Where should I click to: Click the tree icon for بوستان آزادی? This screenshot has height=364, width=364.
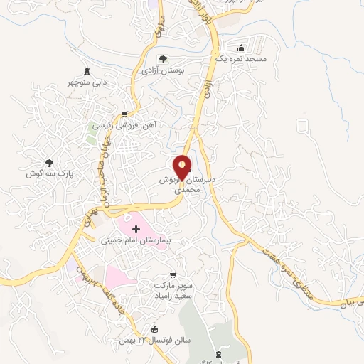pyautogui.click(x=163, y=60)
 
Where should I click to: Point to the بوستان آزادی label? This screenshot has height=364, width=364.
pyautogui.click(x=163, y=71)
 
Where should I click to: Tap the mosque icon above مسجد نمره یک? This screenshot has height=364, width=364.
pyautogui.click(x=242, y=48)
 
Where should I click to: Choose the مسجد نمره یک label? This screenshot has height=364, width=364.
pyautogui.click(x=242, y=60)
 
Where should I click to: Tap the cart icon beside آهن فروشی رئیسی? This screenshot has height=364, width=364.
pyautogui.click(x=125, y=114)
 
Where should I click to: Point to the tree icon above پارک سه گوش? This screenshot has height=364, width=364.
pyautogui.click(x=49, y=163)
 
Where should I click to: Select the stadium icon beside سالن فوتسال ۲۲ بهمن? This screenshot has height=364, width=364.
pyautogui.click(x=156, y=329)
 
